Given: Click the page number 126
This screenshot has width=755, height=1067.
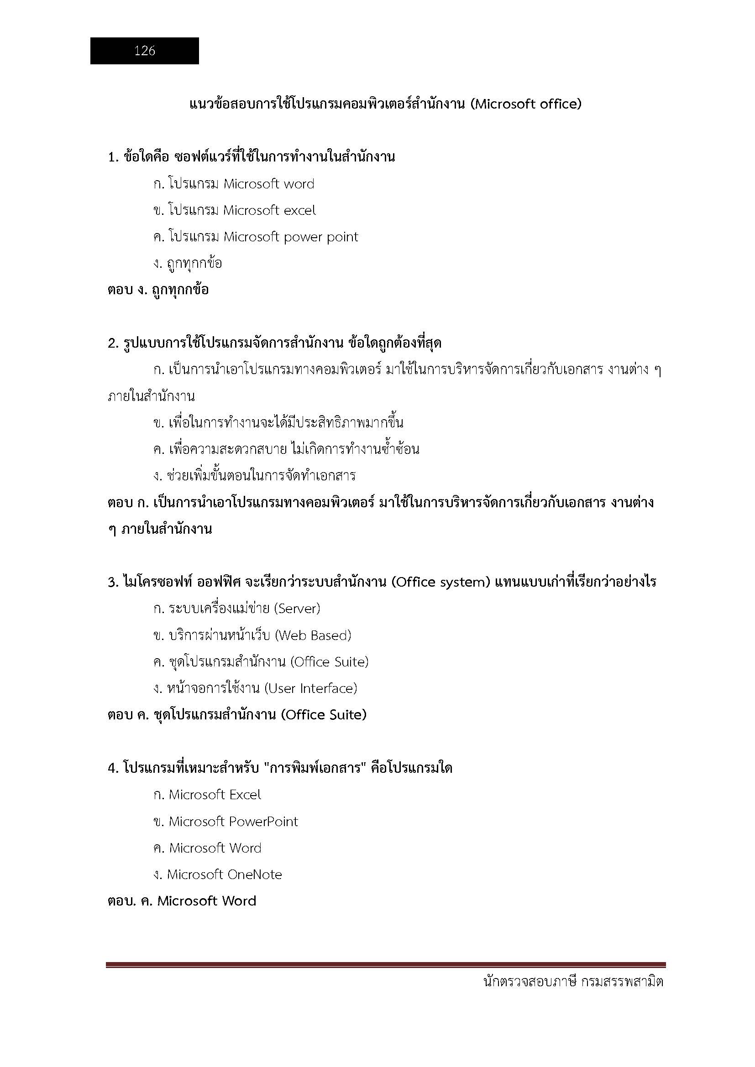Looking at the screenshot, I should (145, 51).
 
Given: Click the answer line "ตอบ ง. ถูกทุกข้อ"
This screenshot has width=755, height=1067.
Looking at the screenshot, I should (158, 290).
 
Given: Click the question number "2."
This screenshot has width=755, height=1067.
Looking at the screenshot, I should (114, 344).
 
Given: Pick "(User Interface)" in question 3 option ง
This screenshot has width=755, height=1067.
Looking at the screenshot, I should (310, 688).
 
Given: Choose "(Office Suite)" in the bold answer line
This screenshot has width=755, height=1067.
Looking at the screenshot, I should (324, 715).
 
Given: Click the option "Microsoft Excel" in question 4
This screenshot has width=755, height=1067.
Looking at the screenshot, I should (215, 795).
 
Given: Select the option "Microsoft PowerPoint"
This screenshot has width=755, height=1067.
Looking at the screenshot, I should (233, 822).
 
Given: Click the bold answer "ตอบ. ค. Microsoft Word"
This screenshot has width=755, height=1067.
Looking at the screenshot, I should (182, 901).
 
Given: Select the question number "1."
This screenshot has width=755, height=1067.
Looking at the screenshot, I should (114, 157).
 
